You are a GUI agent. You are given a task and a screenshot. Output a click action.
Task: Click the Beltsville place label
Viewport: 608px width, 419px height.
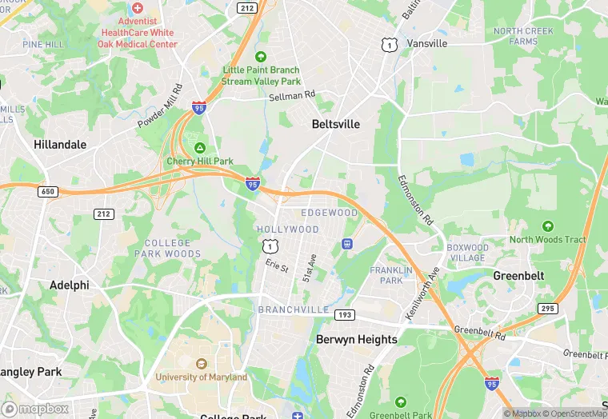click(335, 125)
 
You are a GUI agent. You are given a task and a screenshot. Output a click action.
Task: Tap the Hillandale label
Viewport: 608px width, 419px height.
click(60, 145)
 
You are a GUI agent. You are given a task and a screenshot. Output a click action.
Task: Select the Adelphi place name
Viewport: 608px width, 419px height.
click(69, 285)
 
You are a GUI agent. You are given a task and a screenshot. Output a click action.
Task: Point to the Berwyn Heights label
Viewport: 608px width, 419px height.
click(356, 339)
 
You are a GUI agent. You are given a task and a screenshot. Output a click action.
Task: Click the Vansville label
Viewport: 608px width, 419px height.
click(426, 43)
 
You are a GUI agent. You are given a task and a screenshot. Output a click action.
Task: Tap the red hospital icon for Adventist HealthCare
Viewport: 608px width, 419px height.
click(138, 6)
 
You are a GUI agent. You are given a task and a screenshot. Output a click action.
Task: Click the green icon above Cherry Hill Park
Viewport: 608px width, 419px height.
click(199, 148)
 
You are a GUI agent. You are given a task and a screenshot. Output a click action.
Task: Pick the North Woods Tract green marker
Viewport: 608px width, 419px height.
click(547, 226)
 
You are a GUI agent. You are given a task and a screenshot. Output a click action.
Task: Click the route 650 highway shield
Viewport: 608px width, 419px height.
click(47, 192)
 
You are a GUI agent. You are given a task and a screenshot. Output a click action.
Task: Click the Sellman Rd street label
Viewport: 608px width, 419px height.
click(292, 96)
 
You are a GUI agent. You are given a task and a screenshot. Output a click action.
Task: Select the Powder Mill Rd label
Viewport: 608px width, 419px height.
click(161, 106)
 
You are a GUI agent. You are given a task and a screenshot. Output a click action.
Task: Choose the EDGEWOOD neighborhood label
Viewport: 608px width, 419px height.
click(329, 213)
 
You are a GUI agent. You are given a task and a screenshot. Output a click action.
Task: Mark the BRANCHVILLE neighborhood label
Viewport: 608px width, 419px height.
click(294, 309)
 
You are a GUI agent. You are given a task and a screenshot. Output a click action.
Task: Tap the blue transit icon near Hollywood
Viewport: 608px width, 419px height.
click(347, 244)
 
